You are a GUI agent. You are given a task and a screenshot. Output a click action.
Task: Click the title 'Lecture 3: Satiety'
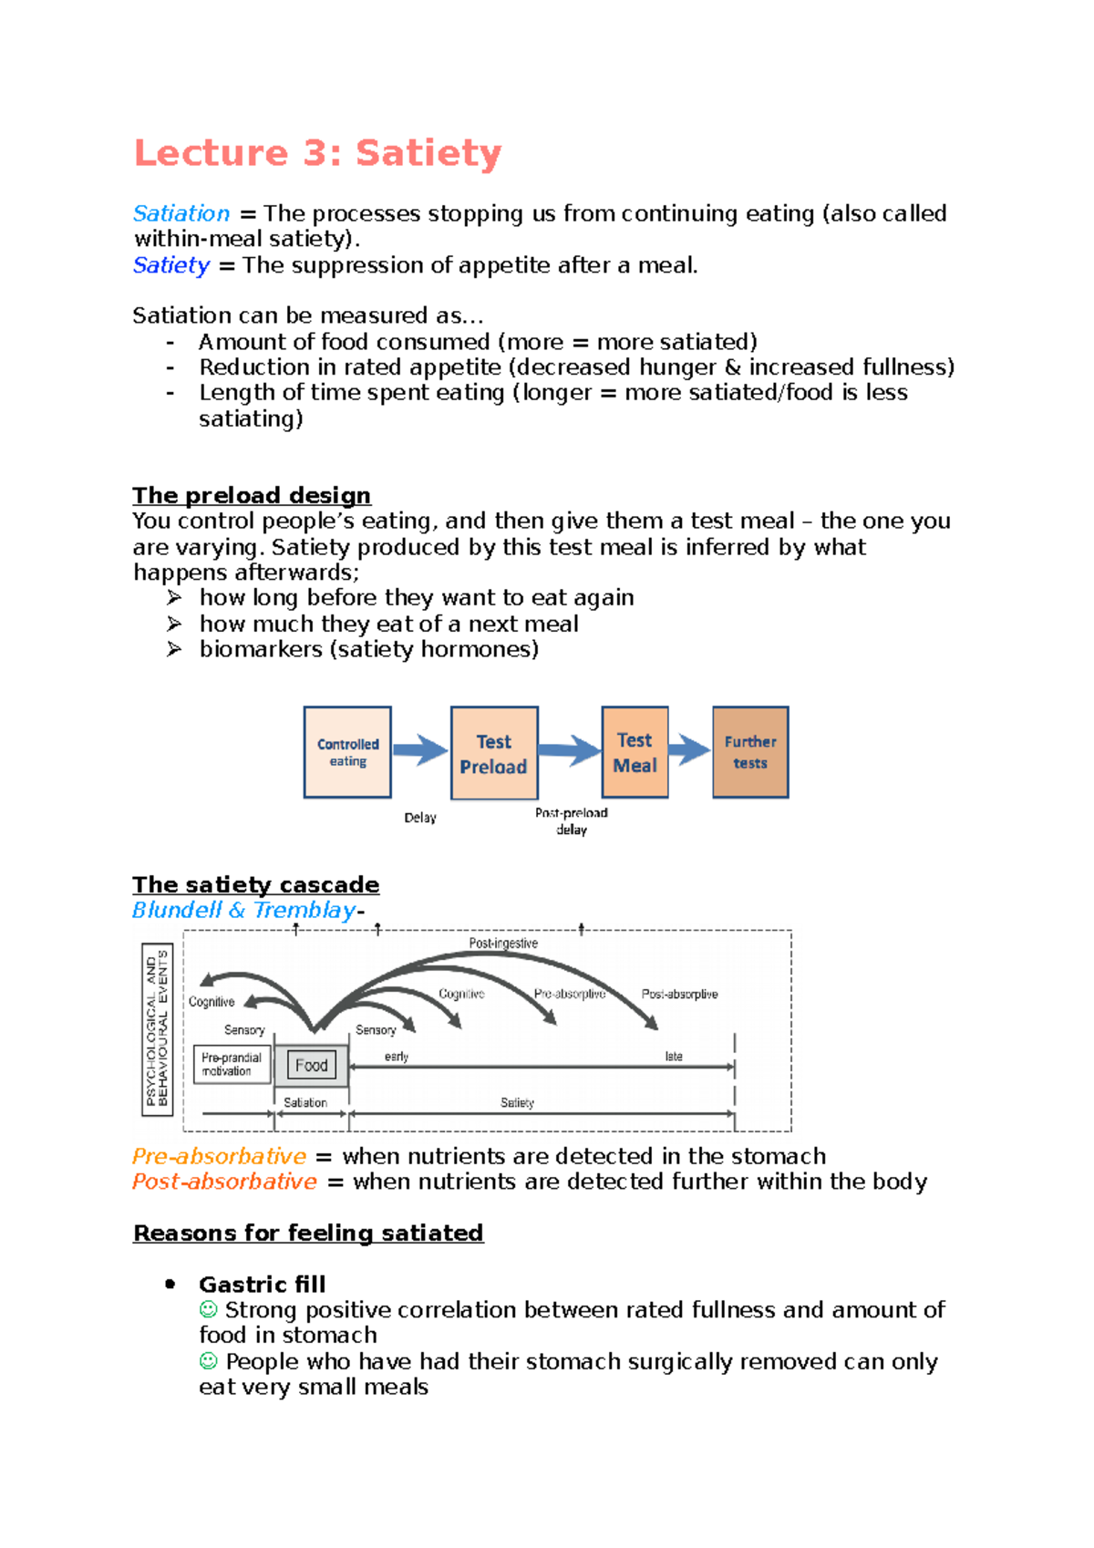click(x=317, y=153)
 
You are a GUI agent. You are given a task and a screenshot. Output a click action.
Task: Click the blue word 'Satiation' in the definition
click(x=181, y=213)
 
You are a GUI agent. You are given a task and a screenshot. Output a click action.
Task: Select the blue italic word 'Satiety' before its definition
click(x=171, y=265)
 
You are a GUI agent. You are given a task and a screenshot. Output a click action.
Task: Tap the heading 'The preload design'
click(x=252, y=495)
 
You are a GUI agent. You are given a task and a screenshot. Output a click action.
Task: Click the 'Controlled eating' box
click(x=347, y=752)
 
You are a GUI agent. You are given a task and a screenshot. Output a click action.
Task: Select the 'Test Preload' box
click(x=494, y=753)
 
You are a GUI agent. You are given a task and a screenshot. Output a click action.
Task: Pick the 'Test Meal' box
click(x=635, y=752)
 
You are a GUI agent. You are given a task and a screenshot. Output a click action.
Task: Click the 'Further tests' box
click(x=750, y=752)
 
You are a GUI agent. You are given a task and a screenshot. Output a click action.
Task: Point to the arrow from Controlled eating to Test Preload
click(x=419, y=750)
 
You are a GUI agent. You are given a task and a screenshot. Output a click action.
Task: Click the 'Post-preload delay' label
click(x=572, y=820)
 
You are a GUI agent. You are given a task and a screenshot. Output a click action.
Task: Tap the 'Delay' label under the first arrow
click(x=420, y=818)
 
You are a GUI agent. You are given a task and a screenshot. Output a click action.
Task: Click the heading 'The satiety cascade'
click(x=255, y=884)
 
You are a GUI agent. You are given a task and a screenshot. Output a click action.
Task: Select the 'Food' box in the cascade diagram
click(x=311, y=1065)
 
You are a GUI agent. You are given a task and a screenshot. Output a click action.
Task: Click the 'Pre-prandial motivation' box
click(x=232, y=1064)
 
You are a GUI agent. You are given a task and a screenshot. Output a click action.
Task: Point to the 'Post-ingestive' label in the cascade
click(x=503, y=944)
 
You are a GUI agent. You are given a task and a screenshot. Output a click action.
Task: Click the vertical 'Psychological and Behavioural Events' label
click(x=157, y=1028)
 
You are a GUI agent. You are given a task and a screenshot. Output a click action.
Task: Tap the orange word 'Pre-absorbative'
click(x=219, y=1156)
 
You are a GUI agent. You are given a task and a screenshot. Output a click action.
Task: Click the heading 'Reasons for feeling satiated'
click(x=308, y=1233)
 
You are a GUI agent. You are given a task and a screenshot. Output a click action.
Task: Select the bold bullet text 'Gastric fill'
click(x=262, y=1285)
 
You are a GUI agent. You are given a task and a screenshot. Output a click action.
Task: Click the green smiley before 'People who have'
click(x=209, y=1361)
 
